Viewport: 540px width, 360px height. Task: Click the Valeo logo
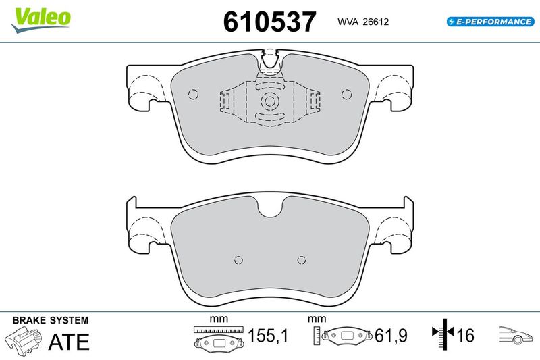(x=40, y=20)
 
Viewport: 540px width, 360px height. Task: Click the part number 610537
(x=269, y=22)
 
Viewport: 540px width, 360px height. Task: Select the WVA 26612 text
(x=363, y=22)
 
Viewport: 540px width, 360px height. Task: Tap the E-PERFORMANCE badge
(x=491, y=22)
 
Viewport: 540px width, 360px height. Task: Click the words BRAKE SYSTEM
(x=50, y=320)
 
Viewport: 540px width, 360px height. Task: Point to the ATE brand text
(x=69, y=342)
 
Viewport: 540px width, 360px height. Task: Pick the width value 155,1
(x=268, y=336)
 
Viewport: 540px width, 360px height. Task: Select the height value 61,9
(x=391, y=336)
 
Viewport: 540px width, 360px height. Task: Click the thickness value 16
(x=465, y=336)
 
